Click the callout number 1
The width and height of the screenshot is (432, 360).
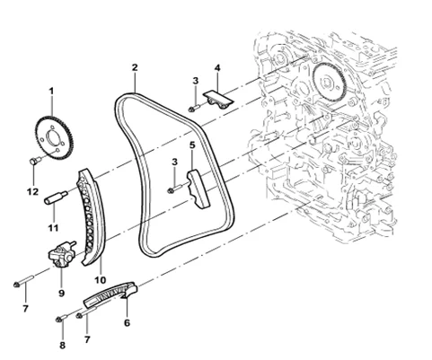pyautogui.click(x=51, y=91)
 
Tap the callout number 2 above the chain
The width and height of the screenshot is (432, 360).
pyautogui.click(x=135, y=67)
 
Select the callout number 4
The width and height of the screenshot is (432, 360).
pyautogui.click(x=217, y=68)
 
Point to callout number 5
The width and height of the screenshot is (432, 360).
pyautogui.click(x=192, y=145)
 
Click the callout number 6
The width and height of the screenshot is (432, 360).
pyautogui.click(x=128, y=323)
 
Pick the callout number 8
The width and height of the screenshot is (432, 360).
pyautogui.click(x=62, y=346)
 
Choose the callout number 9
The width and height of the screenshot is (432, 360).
pyautogui.click(x=61, y=293)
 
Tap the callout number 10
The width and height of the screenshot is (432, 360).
pyautogui.click(x=101, y=280)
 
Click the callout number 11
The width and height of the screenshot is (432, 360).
pyautogui.click(x=53, y=228)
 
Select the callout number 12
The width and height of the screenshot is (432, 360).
pyautogui.click(x=33, y=191)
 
